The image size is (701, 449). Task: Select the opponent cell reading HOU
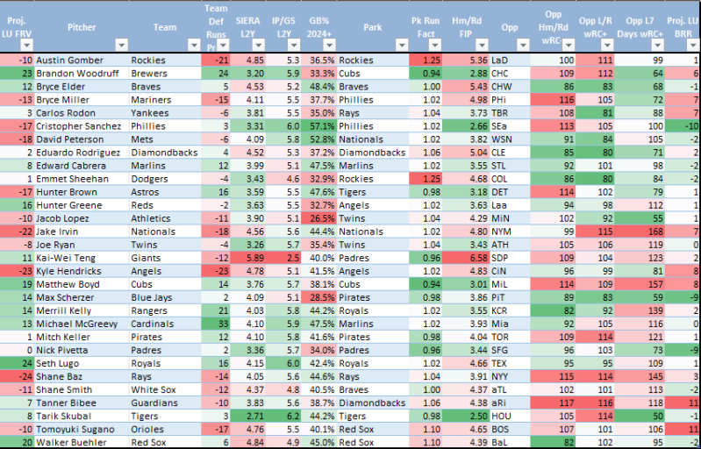tap(500, 415)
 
